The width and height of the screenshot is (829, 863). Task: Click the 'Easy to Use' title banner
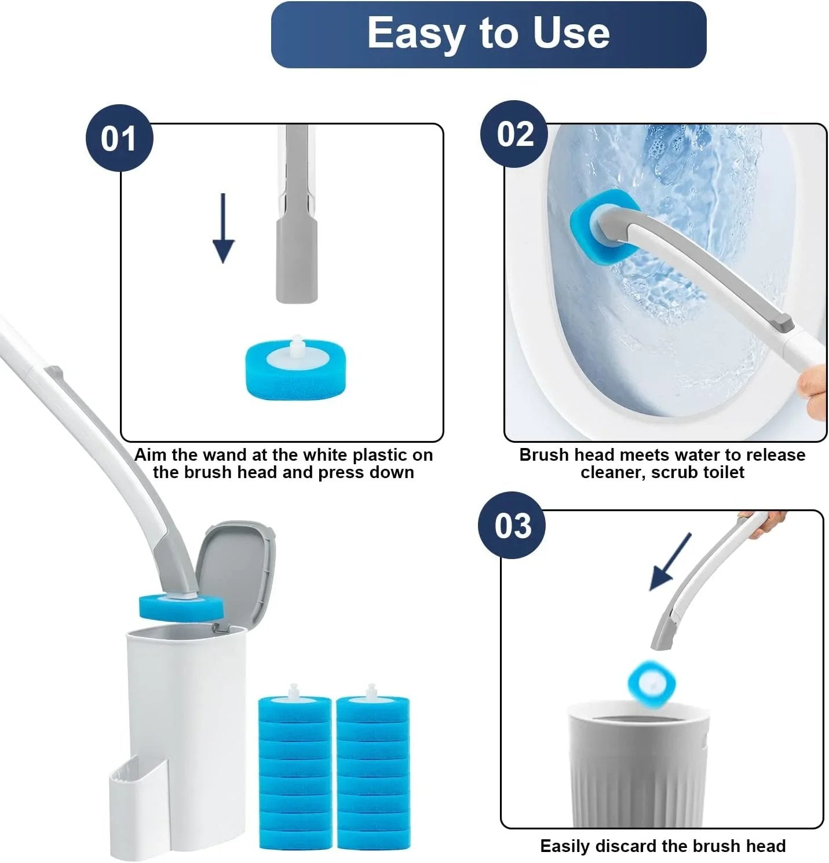[x=488, y=34]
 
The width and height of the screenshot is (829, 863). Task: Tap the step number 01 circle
[x=119, y=138]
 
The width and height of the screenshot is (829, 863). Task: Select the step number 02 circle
[x=514, y=134]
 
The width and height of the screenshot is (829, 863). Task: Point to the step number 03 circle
[x=512, y=526]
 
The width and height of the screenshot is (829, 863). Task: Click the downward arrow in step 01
[x=224, y=229]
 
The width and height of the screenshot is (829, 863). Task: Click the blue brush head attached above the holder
[x=181, y=607]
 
